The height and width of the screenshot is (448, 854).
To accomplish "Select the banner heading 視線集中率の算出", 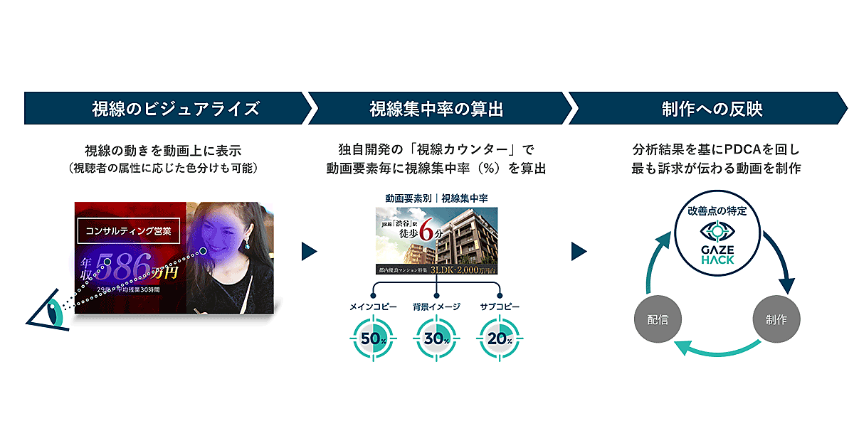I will click(x=436, y=109).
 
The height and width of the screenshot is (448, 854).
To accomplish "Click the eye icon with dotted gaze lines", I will click(x=50, y=310).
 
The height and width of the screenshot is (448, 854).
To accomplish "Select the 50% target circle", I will click(x=372, y=338).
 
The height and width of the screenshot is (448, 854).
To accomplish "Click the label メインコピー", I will click(x=372, y=306).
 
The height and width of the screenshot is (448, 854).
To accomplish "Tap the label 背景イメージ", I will click(x=436, y=306).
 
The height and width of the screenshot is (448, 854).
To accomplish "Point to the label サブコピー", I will click(x=500, y=306).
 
